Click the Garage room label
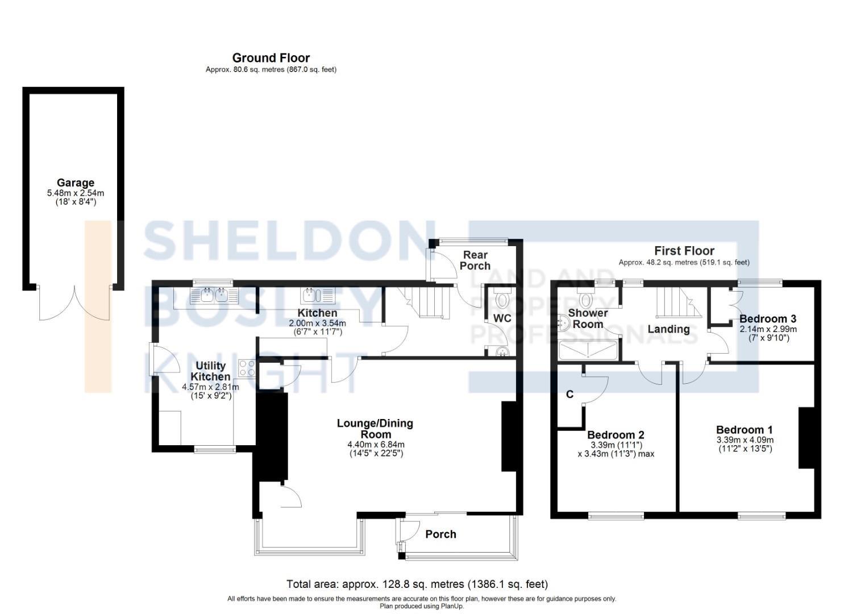76,183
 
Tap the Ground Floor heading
271,58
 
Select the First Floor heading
684,251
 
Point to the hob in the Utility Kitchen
247,368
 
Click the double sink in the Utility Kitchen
215,296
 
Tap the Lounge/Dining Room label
375,429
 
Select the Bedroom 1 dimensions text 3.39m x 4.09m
745,440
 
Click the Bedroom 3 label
768,318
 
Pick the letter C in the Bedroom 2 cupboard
569,394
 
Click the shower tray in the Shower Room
588,350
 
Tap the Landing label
669,329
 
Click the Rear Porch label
475,260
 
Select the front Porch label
441,534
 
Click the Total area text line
417,584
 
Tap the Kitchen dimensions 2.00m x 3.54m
317,323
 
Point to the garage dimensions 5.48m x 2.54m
76,193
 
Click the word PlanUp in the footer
453,607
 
